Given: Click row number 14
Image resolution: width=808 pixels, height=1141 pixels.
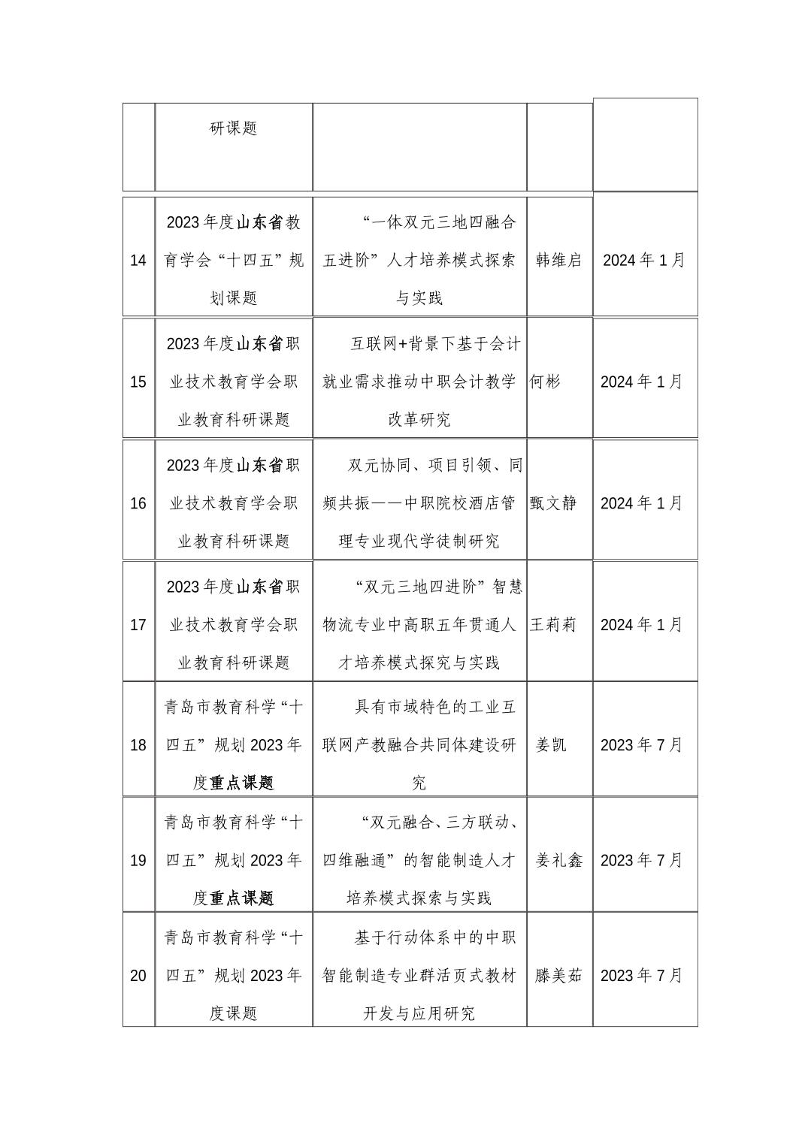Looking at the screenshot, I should click(x=138, y=261).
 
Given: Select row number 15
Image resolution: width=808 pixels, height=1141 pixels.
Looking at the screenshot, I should click(x=138, y=382).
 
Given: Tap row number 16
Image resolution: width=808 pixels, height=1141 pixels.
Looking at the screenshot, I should click(x=138, y=503).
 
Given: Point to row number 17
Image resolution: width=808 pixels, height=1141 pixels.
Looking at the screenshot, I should click(x=138, y=625).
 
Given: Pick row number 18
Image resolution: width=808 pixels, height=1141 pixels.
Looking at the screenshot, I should click(x=138, y=745).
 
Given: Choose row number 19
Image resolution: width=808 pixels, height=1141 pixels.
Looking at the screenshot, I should click(x=138, y=860).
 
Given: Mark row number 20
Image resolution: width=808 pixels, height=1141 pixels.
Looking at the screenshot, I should click(x=138, y=976).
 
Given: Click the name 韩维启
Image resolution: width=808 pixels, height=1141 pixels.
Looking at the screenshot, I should click(x=558, y=261).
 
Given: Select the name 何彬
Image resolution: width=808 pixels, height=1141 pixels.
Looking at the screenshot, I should click(x=546, y=382).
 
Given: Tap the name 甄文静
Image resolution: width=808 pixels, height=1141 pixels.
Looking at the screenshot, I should click(x=553, y=503).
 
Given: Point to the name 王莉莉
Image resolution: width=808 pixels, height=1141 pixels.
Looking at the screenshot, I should click(x=553, y=625).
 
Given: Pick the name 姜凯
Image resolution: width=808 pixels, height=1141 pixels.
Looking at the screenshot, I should click(x=551, y=745).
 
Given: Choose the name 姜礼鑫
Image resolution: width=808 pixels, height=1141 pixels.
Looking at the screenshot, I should click(x=558, y=860).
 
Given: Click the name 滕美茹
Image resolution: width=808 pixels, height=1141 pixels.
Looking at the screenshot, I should click(x=558, y=976).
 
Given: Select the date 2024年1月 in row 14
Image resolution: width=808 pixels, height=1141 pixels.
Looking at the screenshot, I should click(x=644, y=261).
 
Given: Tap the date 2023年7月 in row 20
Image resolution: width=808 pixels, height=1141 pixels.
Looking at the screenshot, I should click(x=642, y=976).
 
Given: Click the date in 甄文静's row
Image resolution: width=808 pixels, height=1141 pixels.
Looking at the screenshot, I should click(x=642, y=503).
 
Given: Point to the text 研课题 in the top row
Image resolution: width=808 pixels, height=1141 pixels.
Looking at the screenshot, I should click(x=233, y=128).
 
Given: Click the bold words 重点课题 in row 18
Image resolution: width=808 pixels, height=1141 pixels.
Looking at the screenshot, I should click(x=242, y=783).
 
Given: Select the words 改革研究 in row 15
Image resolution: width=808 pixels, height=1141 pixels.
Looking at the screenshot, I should click(x=419, y=420).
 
